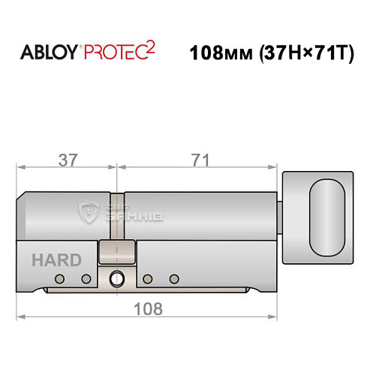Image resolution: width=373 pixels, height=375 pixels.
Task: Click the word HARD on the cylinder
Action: tap(56, 261)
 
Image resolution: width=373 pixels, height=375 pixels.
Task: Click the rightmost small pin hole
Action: tap(174, 279)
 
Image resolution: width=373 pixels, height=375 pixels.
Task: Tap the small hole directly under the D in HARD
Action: tap(86, 279)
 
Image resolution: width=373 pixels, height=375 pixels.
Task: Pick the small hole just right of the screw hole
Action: tap(147, 279)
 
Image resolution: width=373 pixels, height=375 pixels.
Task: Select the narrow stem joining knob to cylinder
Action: tap(281, 217)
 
